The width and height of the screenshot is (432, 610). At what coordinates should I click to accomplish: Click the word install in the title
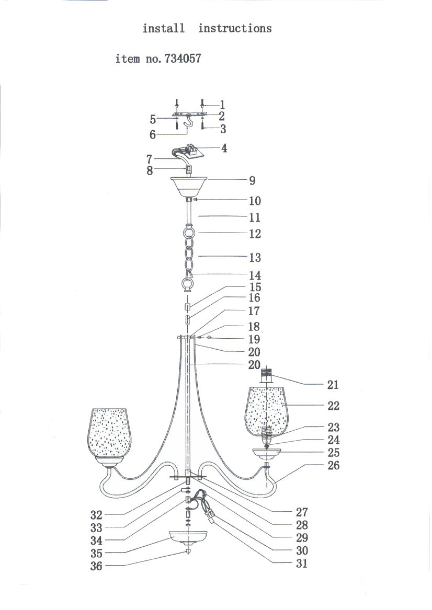[x=164, y=28]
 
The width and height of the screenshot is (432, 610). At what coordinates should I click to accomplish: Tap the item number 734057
[x=183, y=59]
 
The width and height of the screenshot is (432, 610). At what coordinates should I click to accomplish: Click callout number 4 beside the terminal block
[x=224, y=148]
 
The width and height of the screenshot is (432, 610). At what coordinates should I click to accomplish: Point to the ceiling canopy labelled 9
[x=189, y=187]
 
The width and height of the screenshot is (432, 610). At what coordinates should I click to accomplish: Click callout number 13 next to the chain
[x=255, y=257]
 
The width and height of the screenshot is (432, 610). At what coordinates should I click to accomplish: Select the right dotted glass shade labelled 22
[x=266, y=412]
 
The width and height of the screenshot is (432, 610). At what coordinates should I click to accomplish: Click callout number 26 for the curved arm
[x=334, y=465]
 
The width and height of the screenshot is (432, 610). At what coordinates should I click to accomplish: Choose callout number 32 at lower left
[x=96, y=515]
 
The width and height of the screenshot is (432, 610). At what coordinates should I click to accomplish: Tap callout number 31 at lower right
[x=302, y=563]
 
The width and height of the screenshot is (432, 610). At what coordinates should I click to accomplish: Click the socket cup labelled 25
[x=266, y=454]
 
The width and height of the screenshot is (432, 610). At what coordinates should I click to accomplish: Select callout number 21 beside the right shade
[x=333, y=385]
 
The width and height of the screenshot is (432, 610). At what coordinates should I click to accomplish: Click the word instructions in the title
[x=235, y=28]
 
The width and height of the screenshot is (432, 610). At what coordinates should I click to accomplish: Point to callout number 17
[x=254, y=311]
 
